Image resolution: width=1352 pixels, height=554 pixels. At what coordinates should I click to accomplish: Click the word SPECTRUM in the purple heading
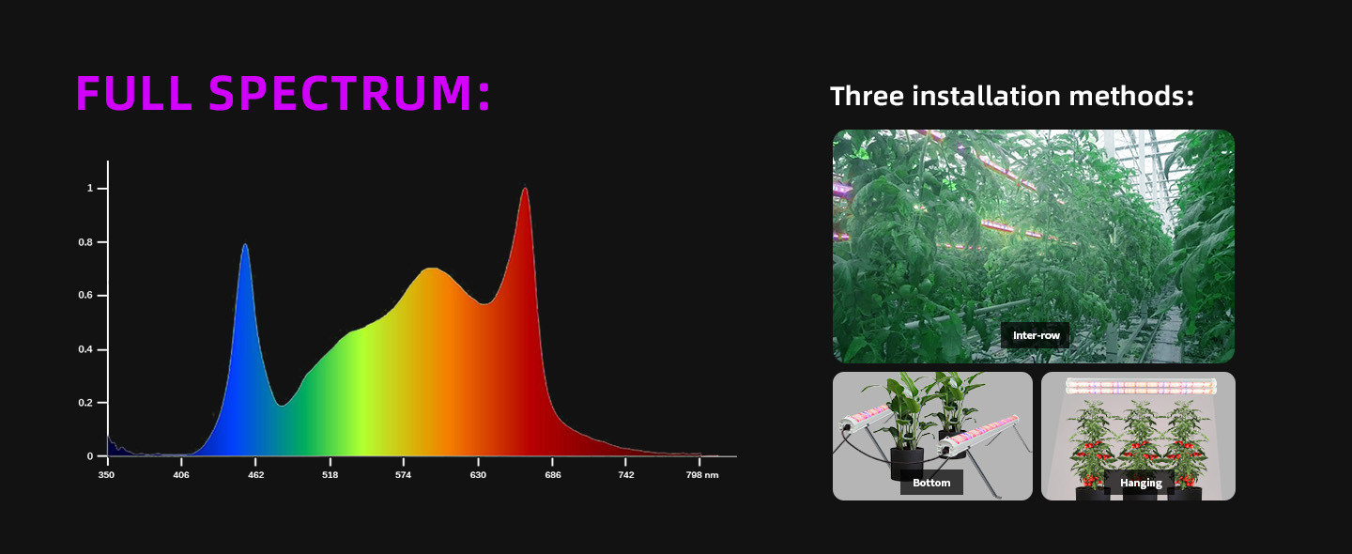click(x=350, y=93)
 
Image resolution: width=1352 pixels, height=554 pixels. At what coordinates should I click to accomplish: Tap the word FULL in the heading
click(x=134, y=93)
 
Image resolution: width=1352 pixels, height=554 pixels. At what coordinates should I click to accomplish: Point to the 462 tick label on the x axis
click(x=256, y=475)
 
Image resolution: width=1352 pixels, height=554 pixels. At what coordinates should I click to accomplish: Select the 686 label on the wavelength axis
click(x=553, y=475)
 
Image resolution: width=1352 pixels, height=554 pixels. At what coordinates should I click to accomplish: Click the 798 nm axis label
click(x=702, y=475)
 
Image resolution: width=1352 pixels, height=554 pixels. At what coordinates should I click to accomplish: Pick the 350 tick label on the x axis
click(x=106, y=475)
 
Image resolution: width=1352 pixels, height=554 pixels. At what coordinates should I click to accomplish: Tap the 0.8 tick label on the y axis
click(x=85, y=242)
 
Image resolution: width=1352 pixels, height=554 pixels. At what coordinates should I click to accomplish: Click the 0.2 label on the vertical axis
click(x=85, y=403)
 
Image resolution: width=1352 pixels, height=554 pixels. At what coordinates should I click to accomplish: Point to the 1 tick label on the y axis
click(x=90, y=189)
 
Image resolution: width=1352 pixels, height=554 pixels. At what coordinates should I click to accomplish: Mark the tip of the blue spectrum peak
click(x=245, y=244)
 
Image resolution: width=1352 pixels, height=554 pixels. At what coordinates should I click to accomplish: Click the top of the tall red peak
click(x=525, y=189)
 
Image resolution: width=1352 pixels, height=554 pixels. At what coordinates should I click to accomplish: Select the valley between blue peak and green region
click(x=282, y=406)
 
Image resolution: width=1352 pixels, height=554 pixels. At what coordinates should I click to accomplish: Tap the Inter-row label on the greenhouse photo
click(x=1036, y=335)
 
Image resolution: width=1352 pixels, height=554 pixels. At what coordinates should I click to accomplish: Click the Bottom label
click(x=931, y=483)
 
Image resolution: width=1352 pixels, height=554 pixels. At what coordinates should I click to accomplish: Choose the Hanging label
click(x=1141, y=483)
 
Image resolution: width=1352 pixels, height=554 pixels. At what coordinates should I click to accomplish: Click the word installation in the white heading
click(x=986, y=96)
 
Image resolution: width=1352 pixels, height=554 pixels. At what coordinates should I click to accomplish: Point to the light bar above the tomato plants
click(x=1141, y=386)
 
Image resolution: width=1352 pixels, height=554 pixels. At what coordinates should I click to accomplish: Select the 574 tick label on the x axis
click(x=403, y=475)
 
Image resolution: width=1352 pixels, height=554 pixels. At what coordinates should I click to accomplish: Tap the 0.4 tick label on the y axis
click(x=85, y=349)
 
